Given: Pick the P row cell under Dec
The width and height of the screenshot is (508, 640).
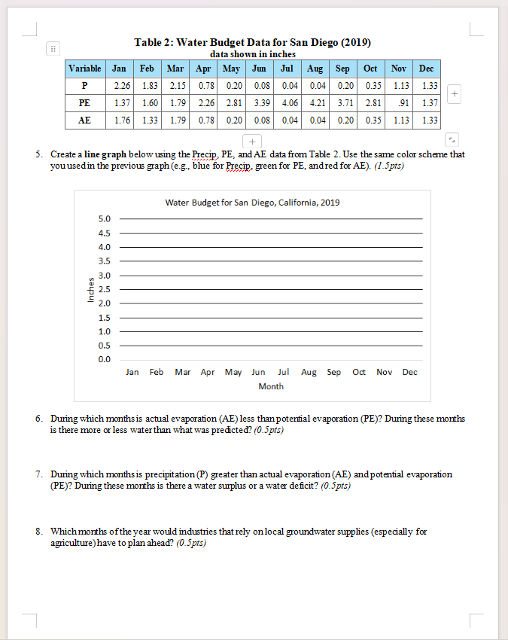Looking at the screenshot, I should pos(429,84).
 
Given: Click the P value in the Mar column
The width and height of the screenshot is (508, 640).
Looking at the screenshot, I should pos(178,84).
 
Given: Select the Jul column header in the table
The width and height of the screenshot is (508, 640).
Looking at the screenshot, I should pos(287,68).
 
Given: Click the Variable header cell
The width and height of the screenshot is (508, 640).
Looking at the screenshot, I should pos(85,68).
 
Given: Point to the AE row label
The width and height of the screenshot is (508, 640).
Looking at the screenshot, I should pos(85,120).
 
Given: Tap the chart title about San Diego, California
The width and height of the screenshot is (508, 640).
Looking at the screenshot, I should pos(252,203).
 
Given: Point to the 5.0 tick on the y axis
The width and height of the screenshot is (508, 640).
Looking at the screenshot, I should pos(105,218).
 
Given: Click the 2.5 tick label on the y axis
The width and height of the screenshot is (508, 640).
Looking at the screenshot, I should pos(105,289).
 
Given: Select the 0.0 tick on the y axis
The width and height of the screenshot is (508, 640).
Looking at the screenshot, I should pos(105,359).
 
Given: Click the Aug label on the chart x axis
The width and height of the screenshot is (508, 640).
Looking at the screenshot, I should pos(309,373).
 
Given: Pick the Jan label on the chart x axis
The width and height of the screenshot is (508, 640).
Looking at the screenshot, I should pos(132,373).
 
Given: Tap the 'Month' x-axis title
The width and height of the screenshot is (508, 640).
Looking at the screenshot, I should pos(271,386).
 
